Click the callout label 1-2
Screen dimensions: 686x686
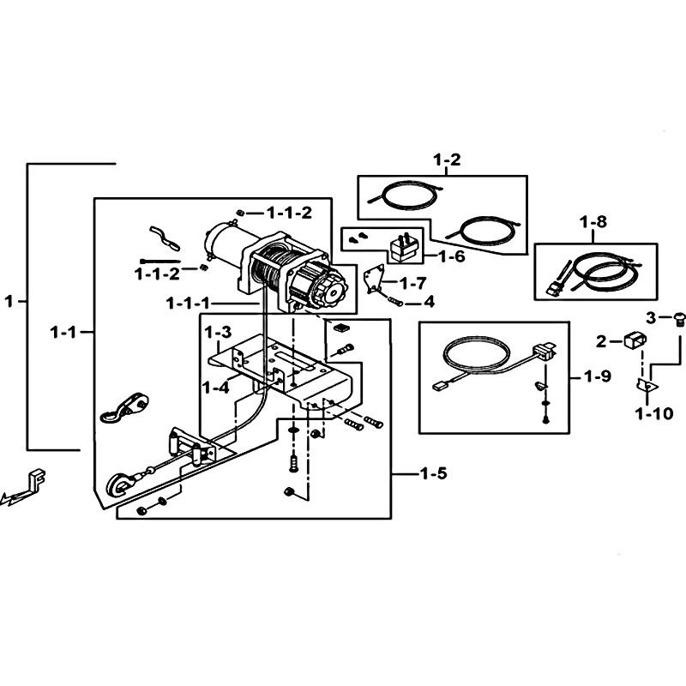tap(447, 159)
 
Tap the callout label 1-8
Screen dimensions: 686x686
tap(593, 222)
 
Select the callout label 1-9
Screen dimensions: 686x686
tap(598, 376)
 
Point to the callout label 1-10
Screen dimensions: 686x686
tap(654, 413)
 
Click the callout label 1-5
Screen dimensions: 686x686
tap(434, 473)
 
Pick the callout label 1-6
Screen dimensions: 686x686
tap(452, 256)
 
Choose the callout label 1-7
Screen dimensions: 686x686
tap(413, 284)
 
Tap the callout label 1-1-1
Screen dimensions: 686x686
tap(189, 303)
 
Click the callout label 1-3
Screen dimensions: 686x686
tap(218, 332)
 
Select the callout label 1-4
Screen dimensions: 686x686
tap(216, 388)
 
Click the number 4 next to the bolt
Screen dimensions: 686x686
tap(430, 302)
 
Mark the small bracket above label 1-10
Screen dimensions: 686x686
tap(647, 385)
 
